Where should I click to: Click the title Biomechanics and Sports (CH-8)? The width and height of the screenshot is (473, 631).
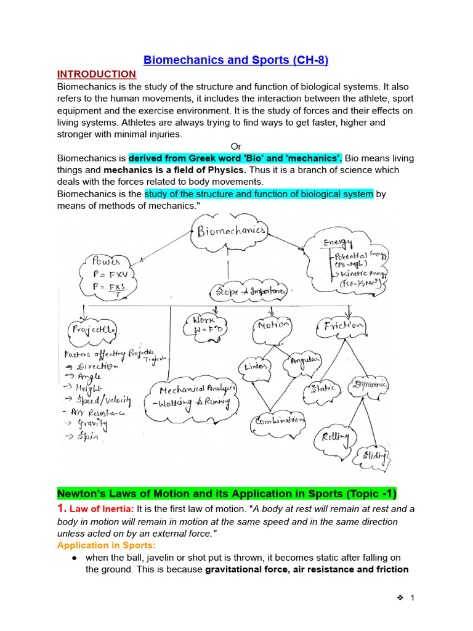(x=236, y=60)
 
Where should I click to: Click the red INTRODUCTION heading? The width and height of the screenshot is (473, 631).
(x=96, y=74)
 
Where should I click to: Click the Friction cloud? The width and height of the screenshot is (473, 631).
(x=340, y=325)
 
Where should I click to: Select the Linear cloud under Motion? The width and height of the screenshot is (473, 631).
(x=255, y=366)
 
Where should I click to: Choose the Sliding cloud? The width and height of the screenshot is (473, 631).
(x=374, y=456)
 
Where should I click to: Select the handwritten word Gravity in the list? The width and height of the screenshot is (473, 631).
(x=92, y=424)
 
